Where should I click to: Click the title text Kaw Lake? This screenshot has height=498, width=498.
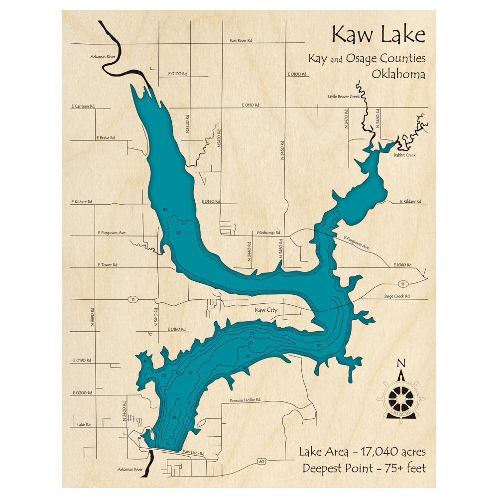point(378,35)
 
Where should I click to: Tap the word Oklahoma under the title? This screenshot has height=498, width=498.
point(398,74)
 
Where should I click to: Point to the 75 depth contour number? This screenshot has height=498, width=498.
point(173,417)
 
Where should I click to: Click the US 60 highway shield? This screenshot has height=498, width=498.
point(262,462)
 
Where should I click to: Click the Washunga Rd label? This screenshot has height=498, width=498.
point(268,233)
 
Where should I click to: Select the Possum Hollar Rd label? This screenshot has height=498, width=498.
point(245,400)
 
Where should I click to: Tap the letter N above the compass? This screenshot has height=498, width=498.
point(401,363)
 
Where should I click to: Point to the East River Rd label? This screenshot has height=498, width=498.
point(241,41)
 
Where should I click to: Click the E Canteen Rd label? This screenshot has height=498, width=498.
point(83,107)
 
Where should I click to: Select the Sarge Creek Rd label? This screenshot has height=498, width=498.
point(396,296)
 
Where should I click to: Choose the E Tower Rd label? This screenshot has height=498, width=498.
point(108,264)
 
